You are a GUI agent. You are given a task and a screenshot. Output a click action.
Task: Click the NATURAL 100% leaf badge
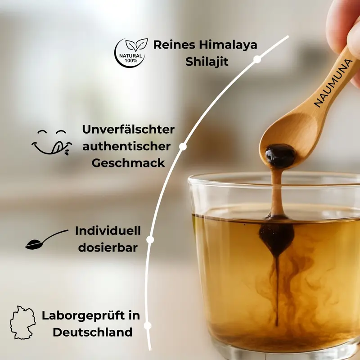pos(131,53)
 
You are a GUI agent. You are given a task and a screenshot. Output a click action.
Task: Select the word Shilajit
pos(207,62)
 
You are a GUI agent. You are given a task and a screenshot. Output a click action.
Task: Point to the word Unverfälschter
pos(128,129)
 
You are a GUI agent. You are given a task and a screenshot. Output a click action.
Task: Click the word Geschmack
pos(128,163)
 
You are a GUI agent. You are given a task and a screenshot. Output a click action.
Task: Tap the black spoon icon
pos(47,239)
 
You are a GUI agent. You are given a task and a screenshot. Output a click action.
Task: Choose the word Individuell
pos(108,231)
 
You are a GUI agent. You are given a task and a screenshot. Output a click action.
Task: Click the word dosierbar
pos(108,248)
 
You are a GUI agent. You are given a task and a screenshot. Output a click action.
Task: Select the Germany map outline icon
pos(23,322)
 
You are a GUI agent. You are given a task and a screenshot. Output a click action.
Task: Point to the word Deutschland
pos(93,332)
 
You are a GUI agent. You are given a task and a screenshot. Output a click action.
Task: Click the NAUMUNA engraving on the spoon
pos(333,83)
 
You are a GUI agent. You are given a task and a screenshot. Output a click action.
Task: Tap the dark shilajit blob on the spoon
pos(280,155)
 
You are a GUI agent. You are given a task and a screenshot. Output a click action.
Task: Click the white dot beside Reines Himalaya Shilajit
pos(257,59)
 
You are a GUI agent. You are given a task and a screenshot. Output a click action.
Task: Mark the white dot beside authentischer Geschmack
pos(183,147)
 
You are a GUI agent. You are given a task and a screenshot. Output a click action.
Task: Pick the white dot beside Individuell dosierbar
pos(150,239)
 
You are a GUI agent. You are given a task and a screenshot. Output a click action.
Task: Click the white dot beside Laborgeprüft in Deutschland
pos(148,325)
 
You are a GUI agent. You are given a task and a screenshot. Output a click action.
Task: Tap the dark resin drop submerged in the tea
pos(277,239)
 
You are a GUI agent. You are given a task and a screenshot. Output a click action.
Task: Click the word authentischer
pos(126,146)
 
